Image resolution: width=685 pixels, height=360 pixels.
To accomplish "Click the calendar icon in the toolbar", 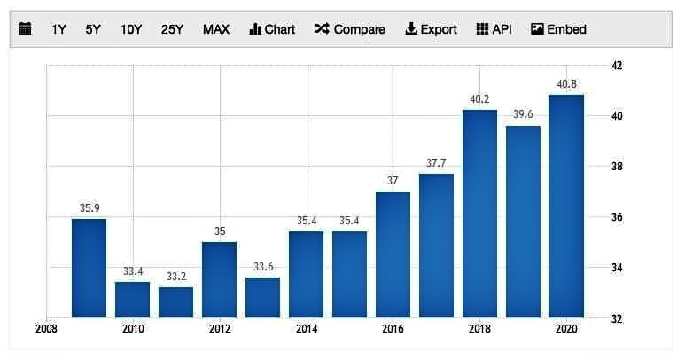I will tap(26, 29).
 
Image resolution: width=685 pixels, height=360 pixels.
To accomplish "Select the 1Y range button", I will tap(59, 29).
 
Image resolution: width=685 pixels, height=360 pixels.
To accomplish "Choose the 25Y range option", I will tap(172, 29).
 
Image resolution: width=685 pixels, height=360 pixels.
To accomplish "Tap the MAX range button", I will tap(216, 29).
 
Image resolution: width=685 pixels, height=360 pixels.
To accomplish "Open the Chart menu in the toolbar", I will tap(272, 29).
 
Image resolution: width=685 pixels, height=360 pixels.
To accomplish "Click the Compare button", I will tap(349, 29).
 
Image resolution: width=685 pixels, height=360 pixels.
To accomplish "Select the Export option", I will tap(432, 29).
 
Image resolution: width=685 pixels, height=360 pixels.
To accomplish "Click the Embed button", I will tap(558, 29).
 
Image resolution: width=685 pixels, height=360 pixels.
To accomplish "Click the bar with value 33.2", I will tap(175, 301).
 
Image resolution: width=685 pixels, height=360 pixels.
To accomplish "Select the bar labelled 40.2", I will tap(479, 213).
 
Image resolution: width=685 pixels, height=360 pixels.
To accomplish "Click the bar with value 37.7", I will tap(436, 245).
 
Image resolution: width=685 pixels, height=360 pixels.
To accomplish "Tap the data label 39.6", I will tap(523, 114).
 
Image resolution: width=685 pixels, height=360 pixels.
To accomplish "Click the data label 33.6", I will tap(262, 266).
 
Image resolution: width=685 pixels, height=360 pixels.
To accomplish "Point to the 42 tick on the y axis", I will tap(617, 66).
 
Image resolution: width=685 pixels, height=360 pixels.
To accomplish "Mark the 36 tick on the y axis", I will tap(617, 217).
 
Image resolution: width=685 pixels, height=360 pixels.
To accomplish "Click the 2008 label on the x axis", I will tap(46, 330).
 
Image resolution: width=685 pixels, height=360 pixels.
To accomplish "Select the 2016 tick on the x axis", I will tap(393, 330).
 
